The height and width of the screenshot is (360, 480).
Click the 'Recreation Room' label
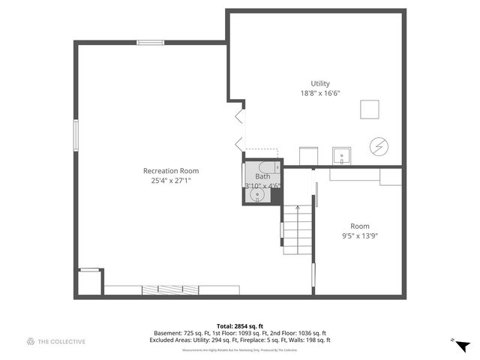[171, 171]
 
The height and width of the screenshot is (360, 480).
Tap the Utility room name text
[320, 83]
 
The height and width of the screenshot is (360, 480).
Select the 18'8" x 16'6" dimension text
[320, 93]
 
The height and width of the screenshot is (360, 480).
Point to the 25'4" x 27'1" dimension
[171, 181]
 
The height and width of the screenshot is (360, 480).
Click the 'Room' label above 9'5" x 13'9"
[359, 226]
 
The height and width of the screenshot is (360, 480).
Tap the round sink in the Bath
[258, 195]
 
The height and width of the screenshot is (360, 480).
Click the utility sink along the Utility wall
[342, 156]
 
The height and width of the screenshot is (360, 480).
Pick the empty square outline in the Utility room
[369, 109]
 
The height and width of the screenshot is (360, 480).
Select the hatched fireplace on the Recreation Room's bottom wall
[172, 289]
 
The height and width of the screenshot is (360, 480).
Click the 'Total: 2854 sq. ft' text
[239, 325]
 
